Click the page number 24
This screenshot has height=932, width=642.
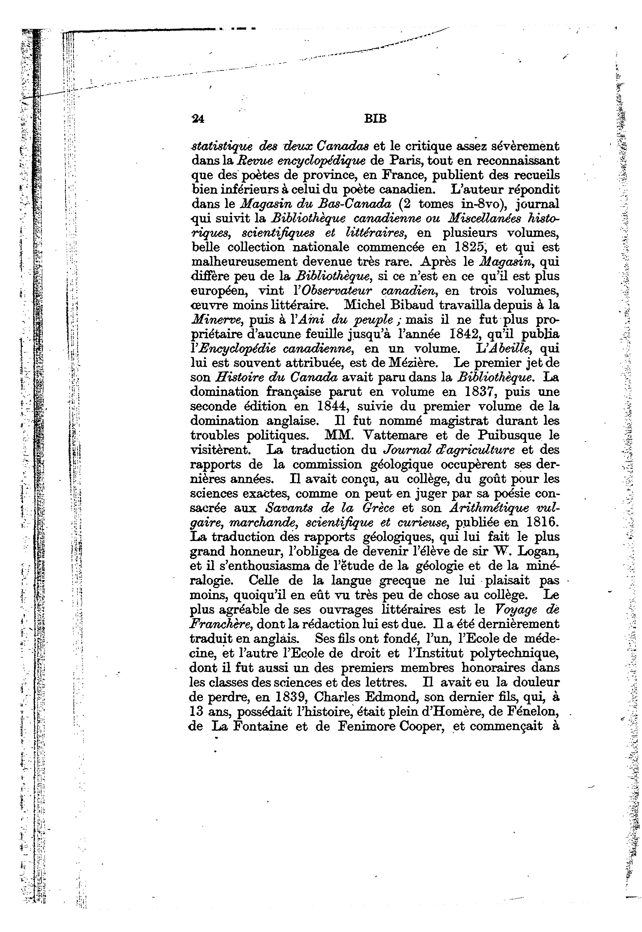pos(198,119)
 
